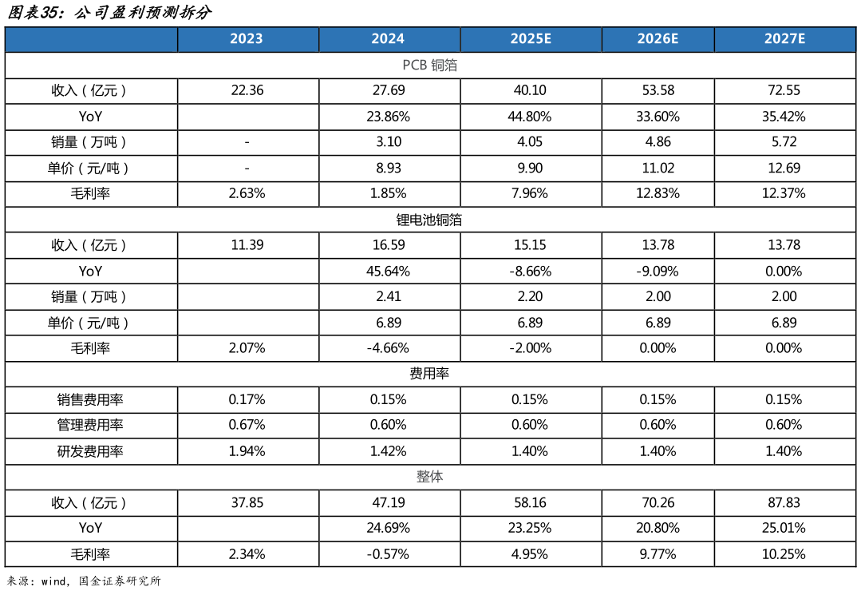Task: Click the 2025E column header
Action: [x=530, y=39]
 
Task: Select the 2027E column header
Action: [x=784, y=39]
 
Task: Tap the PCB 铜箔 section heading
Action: [x=429, y=65]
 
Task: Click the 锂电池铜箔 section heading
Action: [x=429, y=220]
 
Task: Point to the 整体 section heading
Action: [x=429, y=477]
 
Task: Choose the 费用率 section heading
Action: [x=429, y=374]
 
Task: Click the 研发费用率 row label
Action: [x=90, y=451]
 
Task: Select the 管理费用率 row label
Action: [x=90, y=425]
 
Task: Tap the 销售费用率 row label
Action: [x=90, y=399]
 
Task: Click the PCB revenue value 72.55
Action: [x=784, y=91]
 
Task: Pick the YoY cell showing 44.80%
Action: [x=530, y=117]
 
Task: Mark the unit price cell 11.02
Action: [x=658, y=168]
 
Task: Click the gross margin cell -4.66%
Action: [x=389, y=348]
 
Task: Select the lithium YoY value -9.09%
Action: [x=658, y=271]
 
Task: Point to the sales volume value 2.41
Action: [x=389, y=296]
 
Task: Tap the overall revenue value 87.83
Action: [x=784, y=502]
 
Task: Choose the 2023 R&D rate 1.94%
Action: [x=247, y=451]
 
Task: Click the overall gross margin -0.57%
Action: [x=389, y=554]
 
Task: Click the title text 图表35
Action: [x=36, y=13]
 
